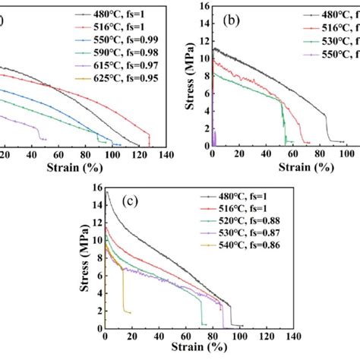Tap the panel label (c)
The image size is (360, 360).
click(x=131, y=201)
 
